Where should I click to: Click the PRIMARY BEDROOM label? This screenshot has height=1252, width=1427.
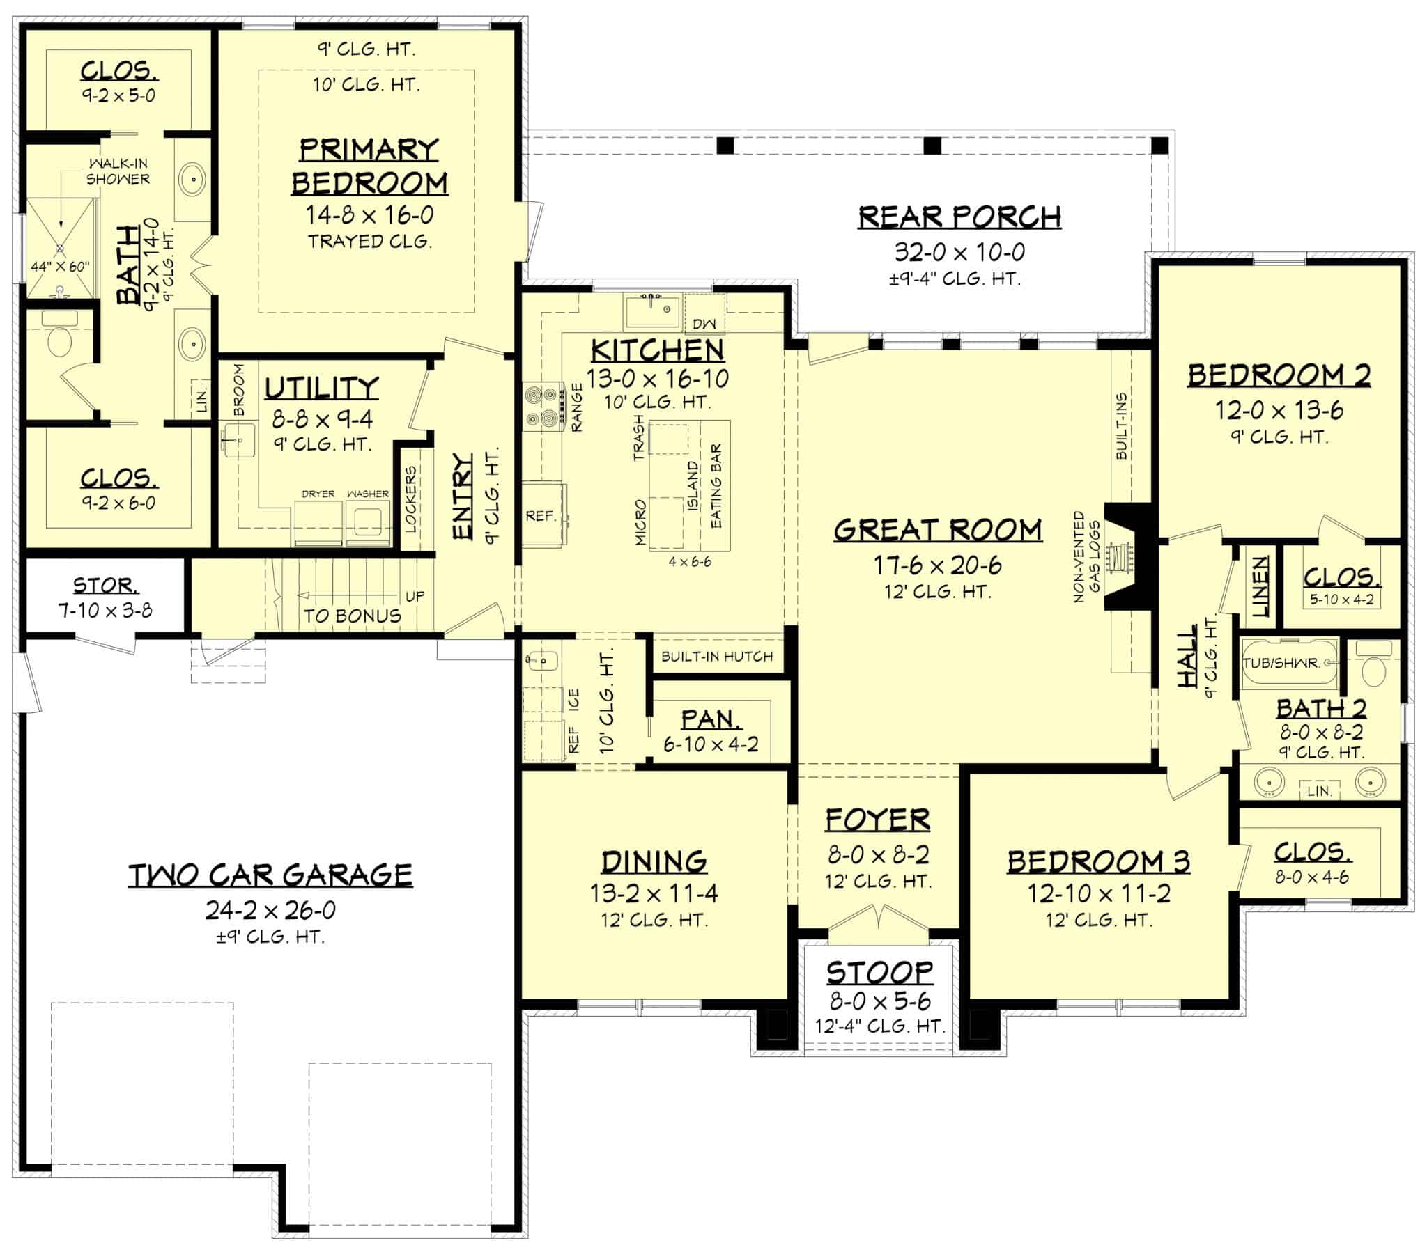(369, 167)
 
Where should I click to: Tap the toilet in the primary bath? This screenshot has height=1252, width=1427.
(59, 338)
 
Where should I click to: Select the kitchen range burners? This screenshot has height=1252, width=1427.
(544, 407)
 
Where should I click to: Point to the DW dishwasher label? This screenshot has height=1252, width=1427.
(704, 324)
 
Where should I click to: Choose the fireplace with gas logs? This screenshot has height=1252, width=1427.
(1120, 557)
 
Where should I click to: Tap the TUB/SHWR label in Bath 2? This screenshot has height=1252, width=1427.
(1281, 662)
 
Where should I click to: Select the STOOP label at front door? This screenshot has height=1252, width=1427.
(879, 971)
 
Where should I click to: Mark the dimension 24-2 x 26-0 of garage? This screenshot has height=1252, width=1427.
(271, 910)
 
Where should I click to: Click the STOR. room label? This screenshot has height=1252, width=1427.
(105, 585)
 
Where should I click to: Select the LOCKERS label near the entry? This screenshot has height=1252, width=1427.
(410, 499)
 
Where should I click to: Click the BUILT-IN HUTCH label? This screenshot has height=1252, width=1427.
(717, 656)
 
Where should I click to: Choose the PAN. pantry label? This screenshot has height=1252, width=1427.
(711, 719)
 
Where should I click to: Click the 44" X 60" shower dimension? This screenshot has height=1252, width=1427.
(60, 267)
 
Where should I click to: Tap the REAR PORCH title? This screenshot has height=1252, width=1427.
(959, 217)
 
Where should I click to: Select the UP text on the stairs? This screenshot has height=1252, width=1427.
(415, 596)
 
